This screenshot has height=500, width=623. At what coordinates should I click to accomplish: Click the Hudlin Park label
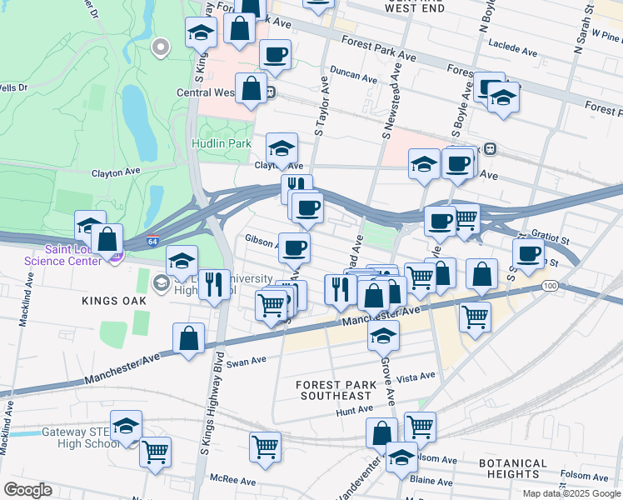click(x=222, y=143)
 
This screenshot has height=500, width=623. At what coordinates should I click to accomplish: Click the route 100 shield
click(x=548, y=286)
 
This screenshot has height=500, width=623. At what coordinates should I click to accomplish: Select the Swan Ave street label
click(x=246, y=362)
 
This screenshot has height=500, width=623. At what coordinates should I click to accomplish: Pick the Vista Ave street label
click(x=417, y=377)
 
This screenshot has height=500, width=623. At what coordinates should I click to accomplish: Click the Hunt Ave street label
click(x=354, y=409)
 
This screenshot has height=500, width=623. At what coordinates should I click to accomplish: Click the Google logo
click(x=27, y=490)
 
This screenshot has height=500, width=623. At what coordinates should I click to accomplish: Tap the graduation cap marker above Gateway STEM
click(x=126, y=425)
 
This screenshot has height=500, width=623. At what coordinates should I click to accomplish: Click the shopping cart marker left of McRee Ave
click(x=265, y=446)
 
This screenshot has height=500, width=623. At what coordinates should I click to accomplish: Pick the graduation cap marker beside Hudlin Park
click(x=282, y=148)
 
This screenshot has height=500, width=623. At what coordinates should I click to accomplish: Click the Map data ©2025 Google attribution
click(x=570, y=493)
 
